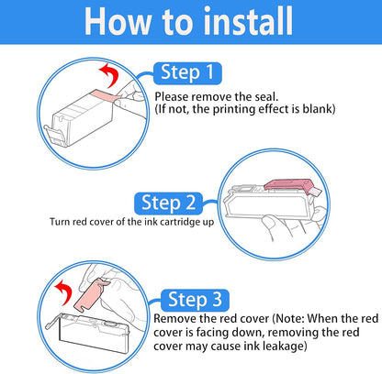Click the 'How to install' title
pyautogui.click(x=188, y=21)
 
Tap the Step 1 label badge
pyautogui.click(x=187, y=73)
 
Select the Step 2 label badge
pyautogui.click(x=168, y=203)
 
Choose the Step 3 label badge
pyautogui.click(x=195, y=300)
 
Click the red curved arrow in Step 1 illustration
pyautogui.click(x=112, y=74)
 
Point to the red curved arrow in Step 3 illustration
pyautogui.click(x=65, y=291)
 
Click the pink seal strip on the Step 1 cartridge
pyautogui.click(x=104, y=96)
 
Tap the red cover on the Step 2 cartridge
pyautogui.click(x=288, y=185)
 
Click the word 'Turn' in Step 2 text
pyautogui.click(x=60, y=222)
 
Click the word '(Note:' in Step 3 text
pyautogui.click(x=288, y=319)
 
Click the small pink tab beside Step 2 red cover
pyautogui.click(x=316, y=192)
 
